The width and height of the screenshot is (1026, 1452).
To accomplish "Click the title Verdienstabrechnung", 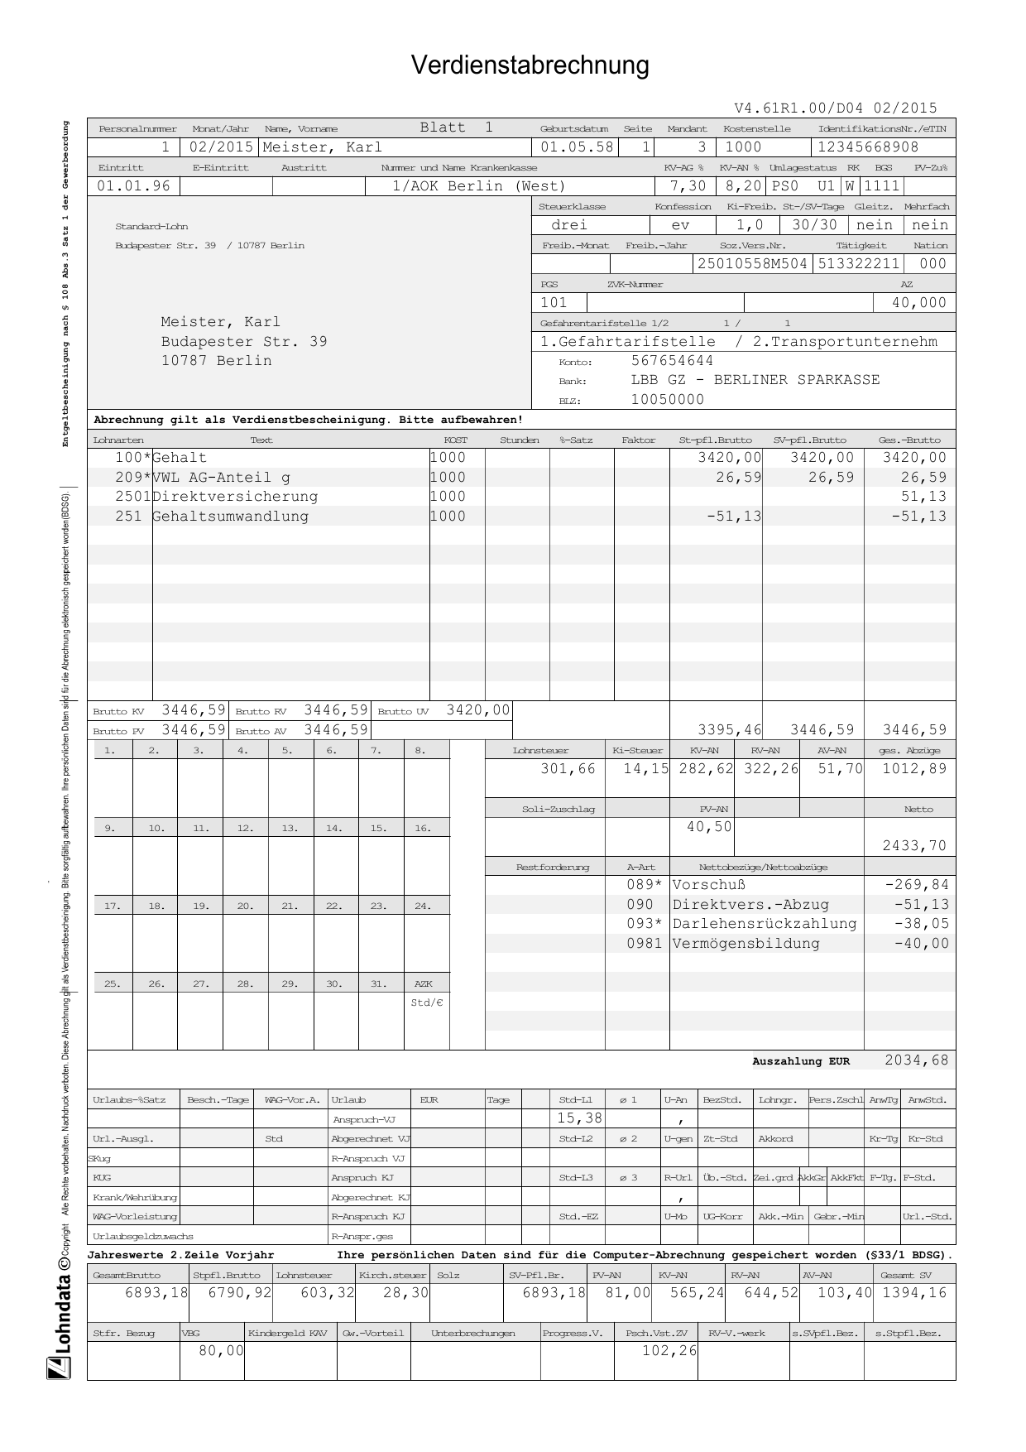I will [530, 65].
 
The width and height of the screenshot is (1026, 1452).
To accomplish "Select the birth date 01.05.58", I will [577, 147].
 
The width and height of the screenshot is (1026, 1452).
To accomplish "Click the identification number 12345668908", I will [867, 147].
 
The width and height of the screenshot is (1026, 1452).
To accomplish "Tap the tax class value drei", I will [569, 225].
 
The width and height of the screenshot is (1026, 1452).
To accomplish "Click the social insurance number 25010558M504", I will [752, 264].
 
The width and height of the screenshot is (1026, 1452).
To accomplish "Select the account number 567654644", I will [672, 361].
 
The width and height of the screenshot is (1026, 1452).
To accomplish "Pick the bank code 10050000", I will [667, 400].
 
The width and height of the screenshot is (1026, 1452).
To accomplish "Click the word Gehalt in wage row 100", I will [180, 458].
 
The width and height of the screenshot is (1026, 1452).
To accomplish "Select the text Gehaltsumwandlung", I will [230, 517].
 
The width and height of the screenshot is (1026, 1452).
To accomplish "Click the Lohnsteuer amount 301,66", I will [568, 769].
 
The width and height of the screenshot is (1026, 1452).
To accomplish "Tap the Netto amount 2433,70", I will [914, 846].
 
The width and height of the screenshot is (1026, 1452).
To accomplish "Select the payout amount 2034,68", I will [916, 1060].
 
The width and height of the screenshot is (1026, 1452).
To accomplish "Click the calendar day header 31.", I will [378, 983].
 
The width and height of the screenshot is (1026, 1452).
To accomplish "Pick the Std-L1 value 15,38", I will [579, 1118].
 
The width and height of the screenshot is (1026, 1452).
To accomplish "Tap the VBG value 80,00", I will [221, 1351].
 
